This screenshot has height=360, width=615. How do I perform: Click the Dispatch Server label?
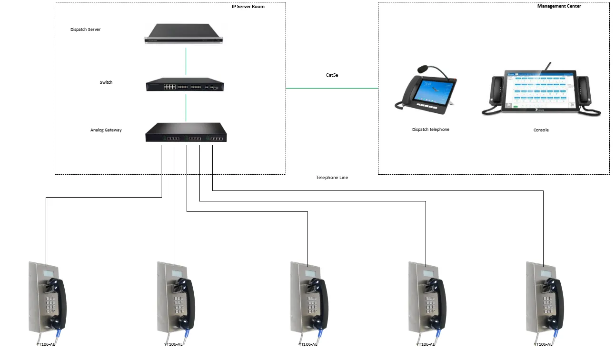tap(85, 30)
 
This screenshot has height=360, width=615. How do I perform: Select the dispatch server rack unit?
tap(184, 34)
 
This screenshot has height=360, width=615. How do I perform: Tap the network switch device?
tap(184, 87)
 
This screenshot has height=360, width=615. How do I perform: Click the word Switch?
tap(106, 82)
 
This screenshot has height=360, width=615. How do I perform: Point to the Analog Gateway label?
tap(106, 130)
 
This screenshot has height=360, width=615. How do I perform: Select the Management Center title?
tap(559, 6)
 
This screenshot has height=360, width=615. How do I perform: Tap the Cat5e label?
tap(332, 75)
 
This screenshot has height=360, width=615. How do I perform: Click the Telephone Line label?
tap(332, 178)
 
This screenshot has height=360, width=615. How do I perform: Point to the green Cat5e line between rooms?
tap(332, 88)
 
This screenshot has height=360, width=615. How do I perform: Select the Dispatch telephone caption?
tap(430, 130)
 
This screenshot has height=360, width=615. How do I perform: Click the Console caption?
tap(541, 130)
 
